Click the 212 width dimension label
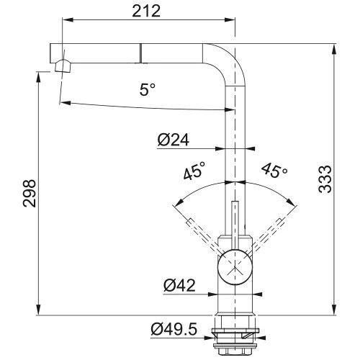146,11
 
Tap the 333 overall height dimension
325,179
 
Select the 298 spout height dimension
30,193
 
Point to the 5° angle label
147,89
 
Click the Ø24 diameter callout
174,140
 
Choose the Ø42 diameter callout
179,286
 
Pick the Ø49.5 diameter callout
174,329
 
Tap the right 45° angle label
275,170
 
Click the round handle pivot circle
235,267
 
